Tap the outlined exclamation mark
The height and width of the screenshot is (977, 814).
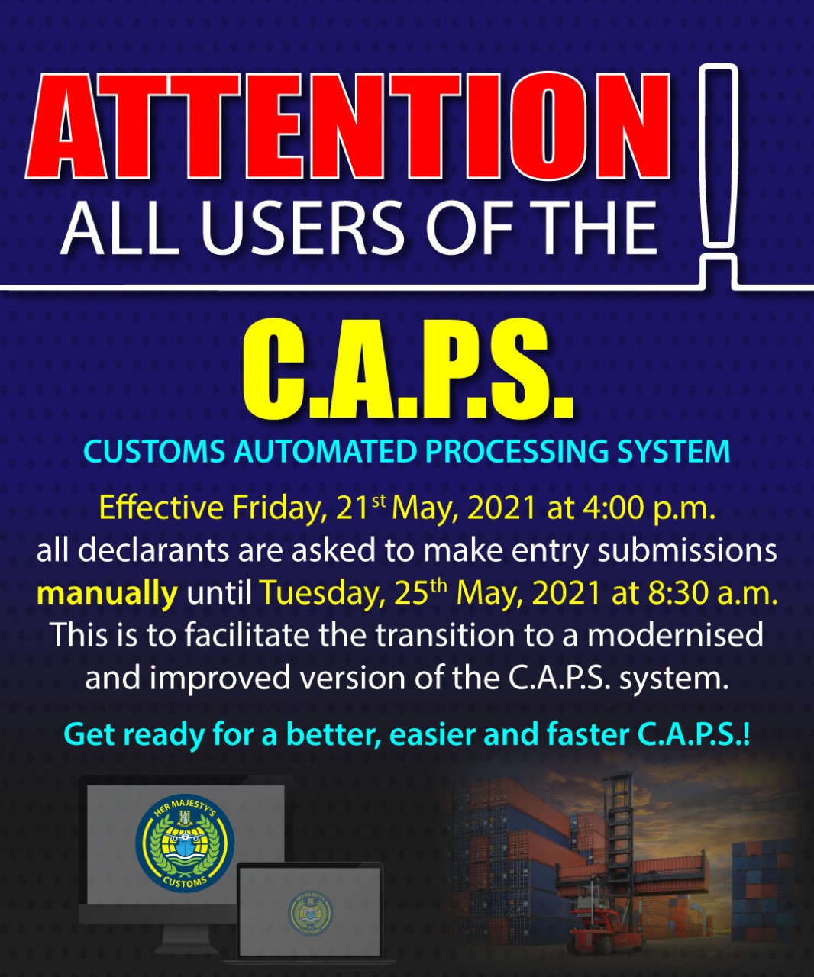pyautogui.click(x=719, y=159)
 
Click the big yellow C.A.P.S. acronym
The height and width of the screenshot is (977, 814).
pyautogui.click(x=407, y=369)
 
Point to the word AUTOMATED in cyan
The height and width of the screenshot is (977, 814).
pyautogui.click(x=326, y=451)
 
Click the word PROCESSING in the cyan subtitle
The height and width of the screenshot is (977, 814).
pyautogui.click(x=517, y=451)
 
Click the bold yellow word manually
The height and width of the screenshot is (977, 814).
pyautogui.click(x=107, y=594)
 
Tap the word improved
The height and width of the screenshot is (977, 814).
pyautogui.click(x=219, y=679)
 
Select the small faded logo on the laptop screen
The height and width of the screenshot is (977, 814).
pyautogui.click(x=310, y=911)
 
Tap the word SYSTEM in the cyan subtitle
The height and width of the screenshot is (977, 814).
pyautogui.click(x=673, y=451)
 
